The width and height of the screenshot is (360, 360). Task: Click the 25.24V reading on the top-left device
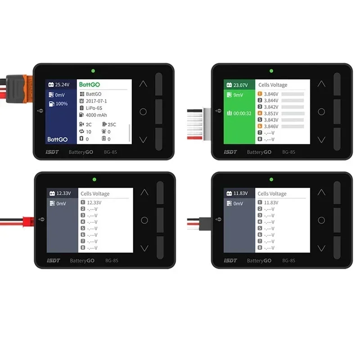tap(62, 84)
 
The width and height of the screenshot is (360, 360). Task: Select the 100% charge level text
tap(61, 104)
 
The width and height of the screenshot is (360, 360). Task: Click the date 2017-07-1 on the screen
tap(96, 101)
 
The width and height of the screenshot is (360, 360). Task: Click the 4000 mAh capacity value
tap(97, 115)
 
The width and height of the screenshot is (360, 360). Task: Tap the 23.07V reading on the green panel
tap(240, 85)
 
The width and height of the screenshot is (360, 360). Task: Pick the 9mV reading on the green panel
tap(238, 95)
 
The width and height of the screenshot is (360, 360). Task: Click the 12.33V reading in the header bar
tap(63, 193)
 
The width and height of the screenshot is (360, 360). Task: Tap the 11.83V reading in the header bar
tap(240, 193)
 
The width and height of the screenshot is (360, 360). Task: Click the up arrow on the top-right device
tap(321, 84)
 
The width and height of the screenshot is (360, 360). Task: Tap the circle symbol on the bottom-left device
tap(144, 220)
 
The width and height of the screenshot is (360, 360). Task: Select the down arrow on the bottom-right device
tap(321, 248)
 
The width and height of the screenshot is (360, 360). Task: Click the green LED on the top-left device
tap(93, 71)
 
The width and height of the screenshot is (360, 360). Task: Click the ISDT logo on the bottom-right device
tap(230, 261)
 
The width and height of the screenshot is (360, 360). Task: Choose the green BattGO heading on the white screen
tap(90, 85)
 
